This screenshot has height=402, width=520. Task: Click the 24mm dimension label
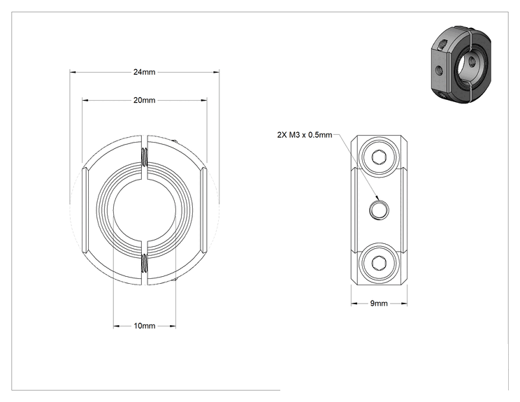tap(144, 72)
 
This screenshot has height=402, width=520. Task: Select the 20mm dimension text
tap(144, 100)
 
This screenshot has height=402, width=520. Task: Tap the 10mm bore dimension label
tap(144, 326)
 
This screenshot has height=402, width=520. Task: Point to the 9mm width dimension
tap(379, 303)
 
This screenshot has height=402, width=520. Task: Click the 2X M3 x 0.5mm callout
tap(305, 135)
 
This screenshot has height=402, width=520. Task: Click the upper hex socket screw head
tap(379, 156)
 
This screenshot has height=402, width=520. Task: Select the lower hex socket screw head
tap(379, 263)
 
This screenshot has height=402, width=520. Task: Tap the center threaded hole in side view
tap(379, 210)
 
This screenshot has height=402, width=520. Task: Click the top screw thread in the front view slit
tap(145, 157)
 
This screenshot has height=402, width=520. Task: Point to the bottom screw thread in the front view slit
tap(145, 263)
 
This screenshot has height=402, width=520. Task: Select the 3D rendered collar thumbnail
tap(461, 64)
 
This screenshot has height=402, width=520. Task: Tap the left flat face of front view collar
tap(85, 210)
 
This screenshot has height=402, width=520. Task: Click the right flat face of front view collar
tap(204, 210)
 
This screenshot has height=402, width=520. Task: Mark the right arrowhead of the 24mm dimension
tap(216, 72)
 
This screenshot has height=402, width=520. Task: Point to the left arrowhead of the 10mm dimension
tap(117, 326)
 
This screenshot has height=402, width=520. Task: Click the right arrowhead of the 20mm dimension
tap(203, 100)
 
